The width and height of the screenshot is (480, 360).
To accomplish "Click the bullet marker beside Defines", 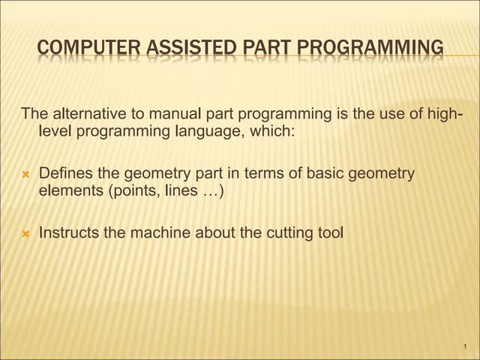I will click(x=25, y=174).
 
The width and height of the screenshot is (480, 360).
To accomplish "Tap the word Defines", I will click(x=65, y=173).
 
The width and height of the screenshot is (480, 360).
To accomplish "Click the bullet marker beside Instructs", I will click(x=25, y=233).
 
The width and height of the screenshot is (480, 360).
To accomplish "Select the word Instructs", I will click(x=70, y=232).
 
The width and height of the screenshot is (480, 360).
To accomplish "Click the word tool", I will click(x=331, y=232).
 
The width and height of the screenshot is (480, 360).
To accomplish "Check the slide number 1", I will click(x=466, y=346).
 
